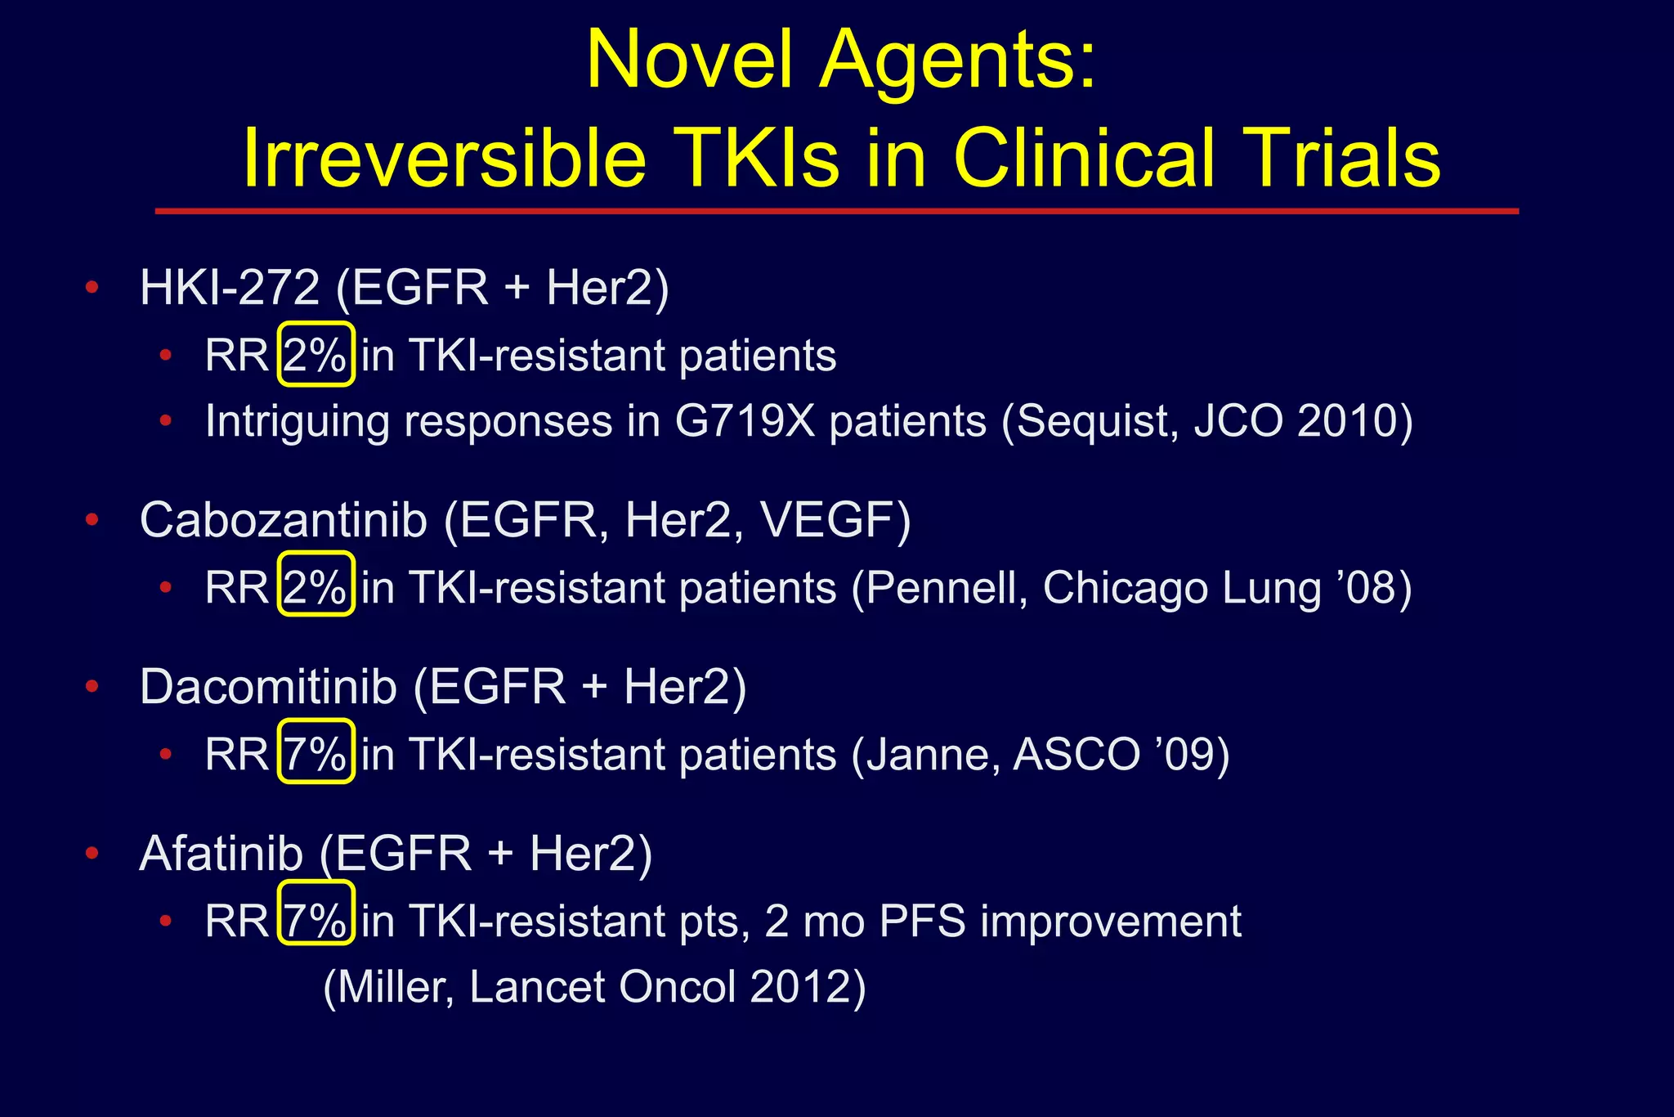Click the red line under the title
point(836,211)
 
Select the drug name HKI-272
point(230,288)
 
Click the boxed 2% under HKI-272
point(316,355)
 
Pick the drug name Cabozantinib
point(284,519)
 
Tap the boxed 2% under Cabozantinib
point(316,587)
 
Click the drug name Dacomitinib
point(268,686)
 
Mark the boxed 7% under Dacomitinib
point(316,753)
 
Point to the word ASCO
point(1076,753)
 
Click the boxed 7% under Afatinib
point(316,921)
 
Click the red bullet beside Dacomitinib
point(92,686)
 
